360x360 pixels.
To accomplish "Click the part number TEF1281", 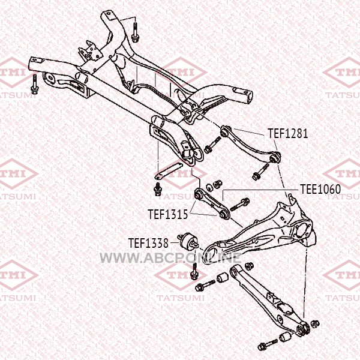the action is click(x=288, y=133).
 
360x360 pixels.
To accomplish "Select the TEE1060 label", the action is click(x=320, y=189).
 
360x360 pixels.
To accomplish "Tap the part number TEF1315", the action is click(x=168, y=214).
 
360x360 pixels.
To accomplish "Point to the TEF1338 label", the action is click(x=148, y=243).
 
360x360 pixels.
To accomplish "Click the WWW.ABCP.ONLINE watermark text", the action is click(x=170, y=257).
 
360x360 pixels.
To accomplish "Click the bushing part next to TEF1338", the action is click(x=188, y=242).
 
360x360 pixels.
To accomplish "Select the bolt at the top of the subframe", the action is click(x=135, y=32).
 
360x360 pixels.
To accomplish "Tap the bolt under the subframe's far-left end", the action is click(x=35, y=85).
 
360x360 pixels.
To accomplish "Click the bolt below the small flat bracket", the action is click(x=158, y=189).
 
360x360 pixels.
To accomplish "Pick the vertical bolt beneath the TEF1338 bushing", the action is click(x=194, y=271).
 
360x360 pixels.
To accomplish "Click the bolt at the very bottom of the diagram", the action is click(x=267, y=345).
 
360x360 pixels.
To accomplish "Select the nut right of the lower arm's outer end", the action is click(x=315, y=324).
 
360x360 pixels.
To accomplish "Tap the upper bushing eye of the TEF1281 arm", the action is click(x=225, y=131).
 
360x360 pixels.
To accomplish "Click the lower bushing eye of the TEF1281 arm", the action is click(x=275, y=157).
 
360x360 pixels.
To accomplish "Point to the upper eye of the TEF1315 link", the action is click(x=199, y=194).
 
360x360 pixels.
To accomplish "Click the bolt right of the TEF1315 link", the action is click(x=239, y=205).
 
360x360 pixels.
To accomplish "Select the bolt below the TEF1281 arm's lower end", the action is click(x=260, y=172).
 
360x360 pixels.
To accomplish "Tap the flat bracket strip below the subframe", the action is click(x=169, y=170).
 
